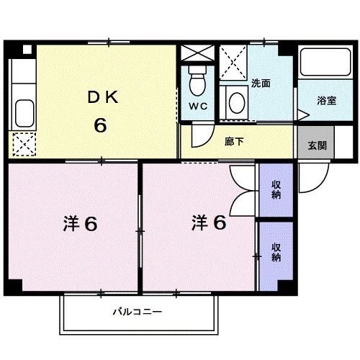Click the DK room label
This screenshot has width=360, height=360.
coord(101,97)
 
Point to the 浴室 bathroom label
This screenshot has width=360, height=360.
coord(326,101)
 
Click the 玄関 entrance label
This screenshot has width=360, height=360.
coord(317,145)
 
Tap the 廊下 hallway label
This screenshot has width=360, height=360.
coord(234,141)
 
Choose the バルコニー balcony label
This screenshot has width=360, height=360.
coord(138,312)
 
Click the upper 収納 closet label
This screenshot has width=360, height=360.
coord(276,190)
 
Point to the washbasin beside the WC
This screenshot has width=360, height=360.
coord(235,102)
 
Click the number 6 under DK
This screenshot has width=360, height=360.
coord(100,125)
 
